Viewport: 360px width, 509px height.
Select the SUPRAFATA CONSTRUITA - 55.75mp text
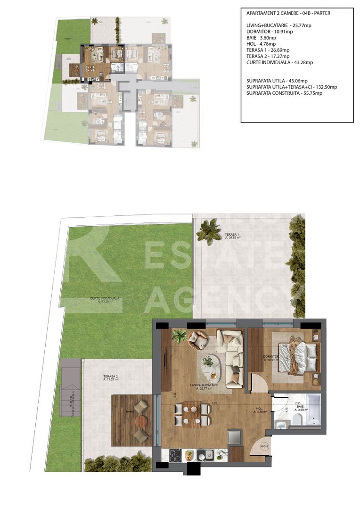[284, 93]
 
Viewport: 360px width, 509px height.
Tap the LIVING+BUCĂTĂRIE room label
[204, 386]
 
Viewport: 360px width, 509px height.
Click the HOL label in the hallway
[259, 410]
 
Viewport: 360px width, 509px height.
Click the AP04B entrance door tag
[265, 447]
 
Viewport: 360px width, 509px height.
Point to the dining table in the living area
[192, 414]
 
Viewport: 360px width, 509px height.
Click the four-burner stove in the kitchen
[173, 455]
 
